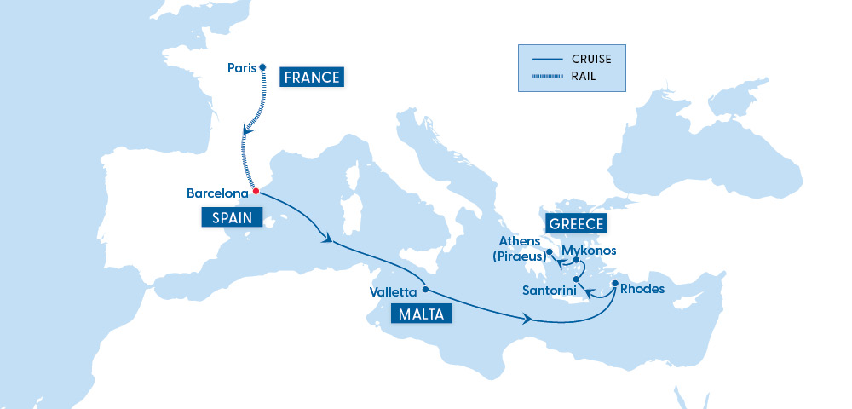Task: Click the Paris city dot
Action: (262, 67)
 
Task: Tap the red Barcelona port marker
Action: (256, 191)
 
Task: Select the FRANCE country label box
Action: (312, 78)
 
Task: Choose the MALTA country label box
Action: (422, 314)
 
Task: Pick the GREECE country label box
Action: (577, 224)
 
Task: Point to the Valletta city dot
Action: (424, 289)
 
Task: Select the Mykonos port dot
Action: (577, 260)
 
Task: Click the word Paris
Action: (242, 68)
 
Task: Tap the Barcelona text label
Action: (217, 193)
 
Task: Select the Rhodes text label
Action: (643, 290)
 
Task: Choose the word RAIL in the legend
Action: (584, 77)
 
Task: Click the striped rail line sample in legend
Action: (548, 77)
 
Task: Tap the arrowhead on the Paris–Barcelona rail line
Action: (246, 130)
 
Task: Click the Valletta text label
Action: (393, 292)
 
